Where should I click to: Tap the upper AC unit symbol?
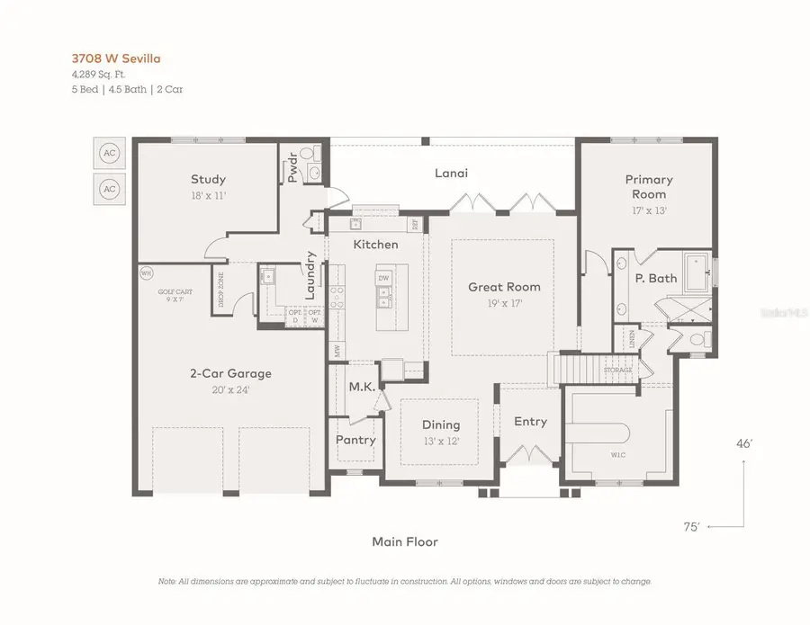click(110, 154)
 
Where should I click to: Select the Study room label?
click(208, 179)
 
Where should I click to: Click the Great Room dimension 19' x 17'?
click(503, 304)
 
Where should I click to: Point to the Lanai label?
click(451, 173)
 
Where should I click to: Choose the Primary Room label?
click(648, 187)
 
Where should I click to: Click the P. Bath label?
click(656, 278)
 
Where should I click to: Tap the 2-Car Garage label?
click(229, 373)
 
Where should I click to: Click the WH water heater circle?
click(145, 272)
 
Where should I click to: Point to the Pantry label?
click(355, 440)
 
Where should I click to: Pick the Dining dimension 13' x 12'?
click(440, 441)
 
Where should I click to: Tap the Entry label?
click(530, 422)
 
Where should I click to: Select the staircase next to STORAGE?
click(576, 369)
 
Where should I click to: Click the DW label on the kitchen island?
click(383, 279)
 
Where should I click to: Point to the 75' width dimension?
click(691, 527)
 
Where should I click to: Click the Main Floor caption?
click(404, 541)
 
